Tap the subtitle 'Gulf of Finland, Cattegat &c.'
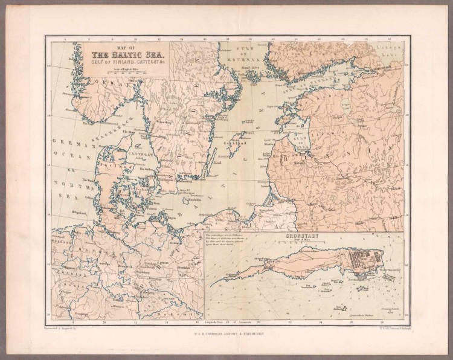click(125, 63)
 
